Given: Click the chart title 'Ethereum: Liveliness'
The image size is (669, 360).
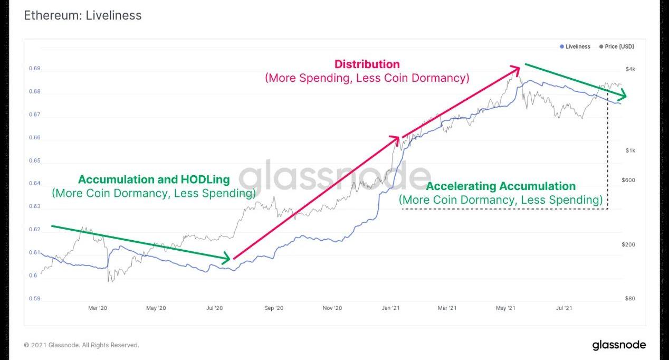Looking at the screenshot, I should coord(83,15).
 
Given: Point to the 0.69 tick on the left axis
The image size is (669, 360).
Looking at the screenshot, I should coord(34,69).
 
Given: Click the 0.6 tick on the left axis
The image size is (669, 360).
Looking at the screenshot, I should coord(33,276).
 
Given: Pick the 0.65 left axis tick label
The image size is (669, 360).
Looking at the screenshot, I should coord(34,161).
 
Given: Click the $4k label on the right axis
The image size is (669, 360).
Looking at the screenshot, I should coord(630,69).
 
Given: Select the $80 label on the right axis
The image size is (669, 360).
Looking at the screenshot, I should coord(630,299).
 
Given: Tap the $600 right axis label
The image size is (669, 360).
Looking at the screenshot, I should coord(628,181).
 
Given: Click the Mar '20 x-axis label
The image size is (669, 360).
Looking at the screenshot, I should coord(98,308).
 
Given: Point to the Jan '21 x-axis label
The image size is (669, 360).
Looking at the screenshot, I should coord(391,308).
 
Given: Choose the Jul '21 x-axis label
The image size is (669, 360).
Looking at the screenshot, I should coord(565,308).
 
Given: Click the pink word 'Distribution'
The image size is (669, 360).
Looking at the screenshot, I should coord(367,64).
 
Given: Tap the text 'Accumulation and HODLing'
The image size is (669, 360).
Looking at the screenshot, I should coord(154,179).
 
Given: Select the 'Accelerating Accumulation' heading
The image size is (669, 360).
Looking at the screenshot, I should coord(501,186).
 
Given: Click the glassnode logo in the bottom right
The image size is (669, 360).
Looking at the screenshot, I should coord(619,345).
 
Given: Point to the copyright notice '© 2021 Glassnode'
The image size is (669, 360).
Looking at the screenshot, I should coord(82,345).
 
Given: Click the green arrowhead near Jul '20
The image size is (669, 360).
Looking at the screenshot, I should coord(226,259).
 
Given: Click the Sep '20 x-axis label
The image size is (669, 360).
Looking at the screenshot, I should coord(274,308).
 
